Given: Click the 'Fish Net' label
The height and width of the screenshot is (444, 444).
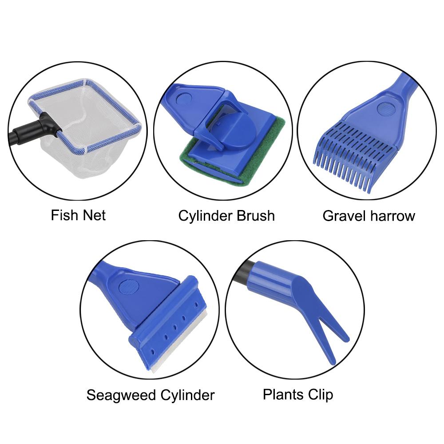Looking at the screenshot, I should click(78, 216).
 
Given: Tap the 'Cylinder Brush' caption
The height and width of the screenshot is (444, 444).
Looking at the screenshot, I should click(226, 216).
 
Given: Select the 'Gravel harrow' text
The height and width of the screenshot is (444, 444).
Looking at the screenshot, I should click(369, 216).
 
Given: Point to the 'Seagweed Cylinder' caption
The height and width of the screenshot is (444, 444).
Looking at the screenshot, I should click(151, 395).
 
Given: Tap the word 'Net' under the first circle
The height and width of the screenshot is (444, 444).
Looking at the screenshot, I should click(94, 216).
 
